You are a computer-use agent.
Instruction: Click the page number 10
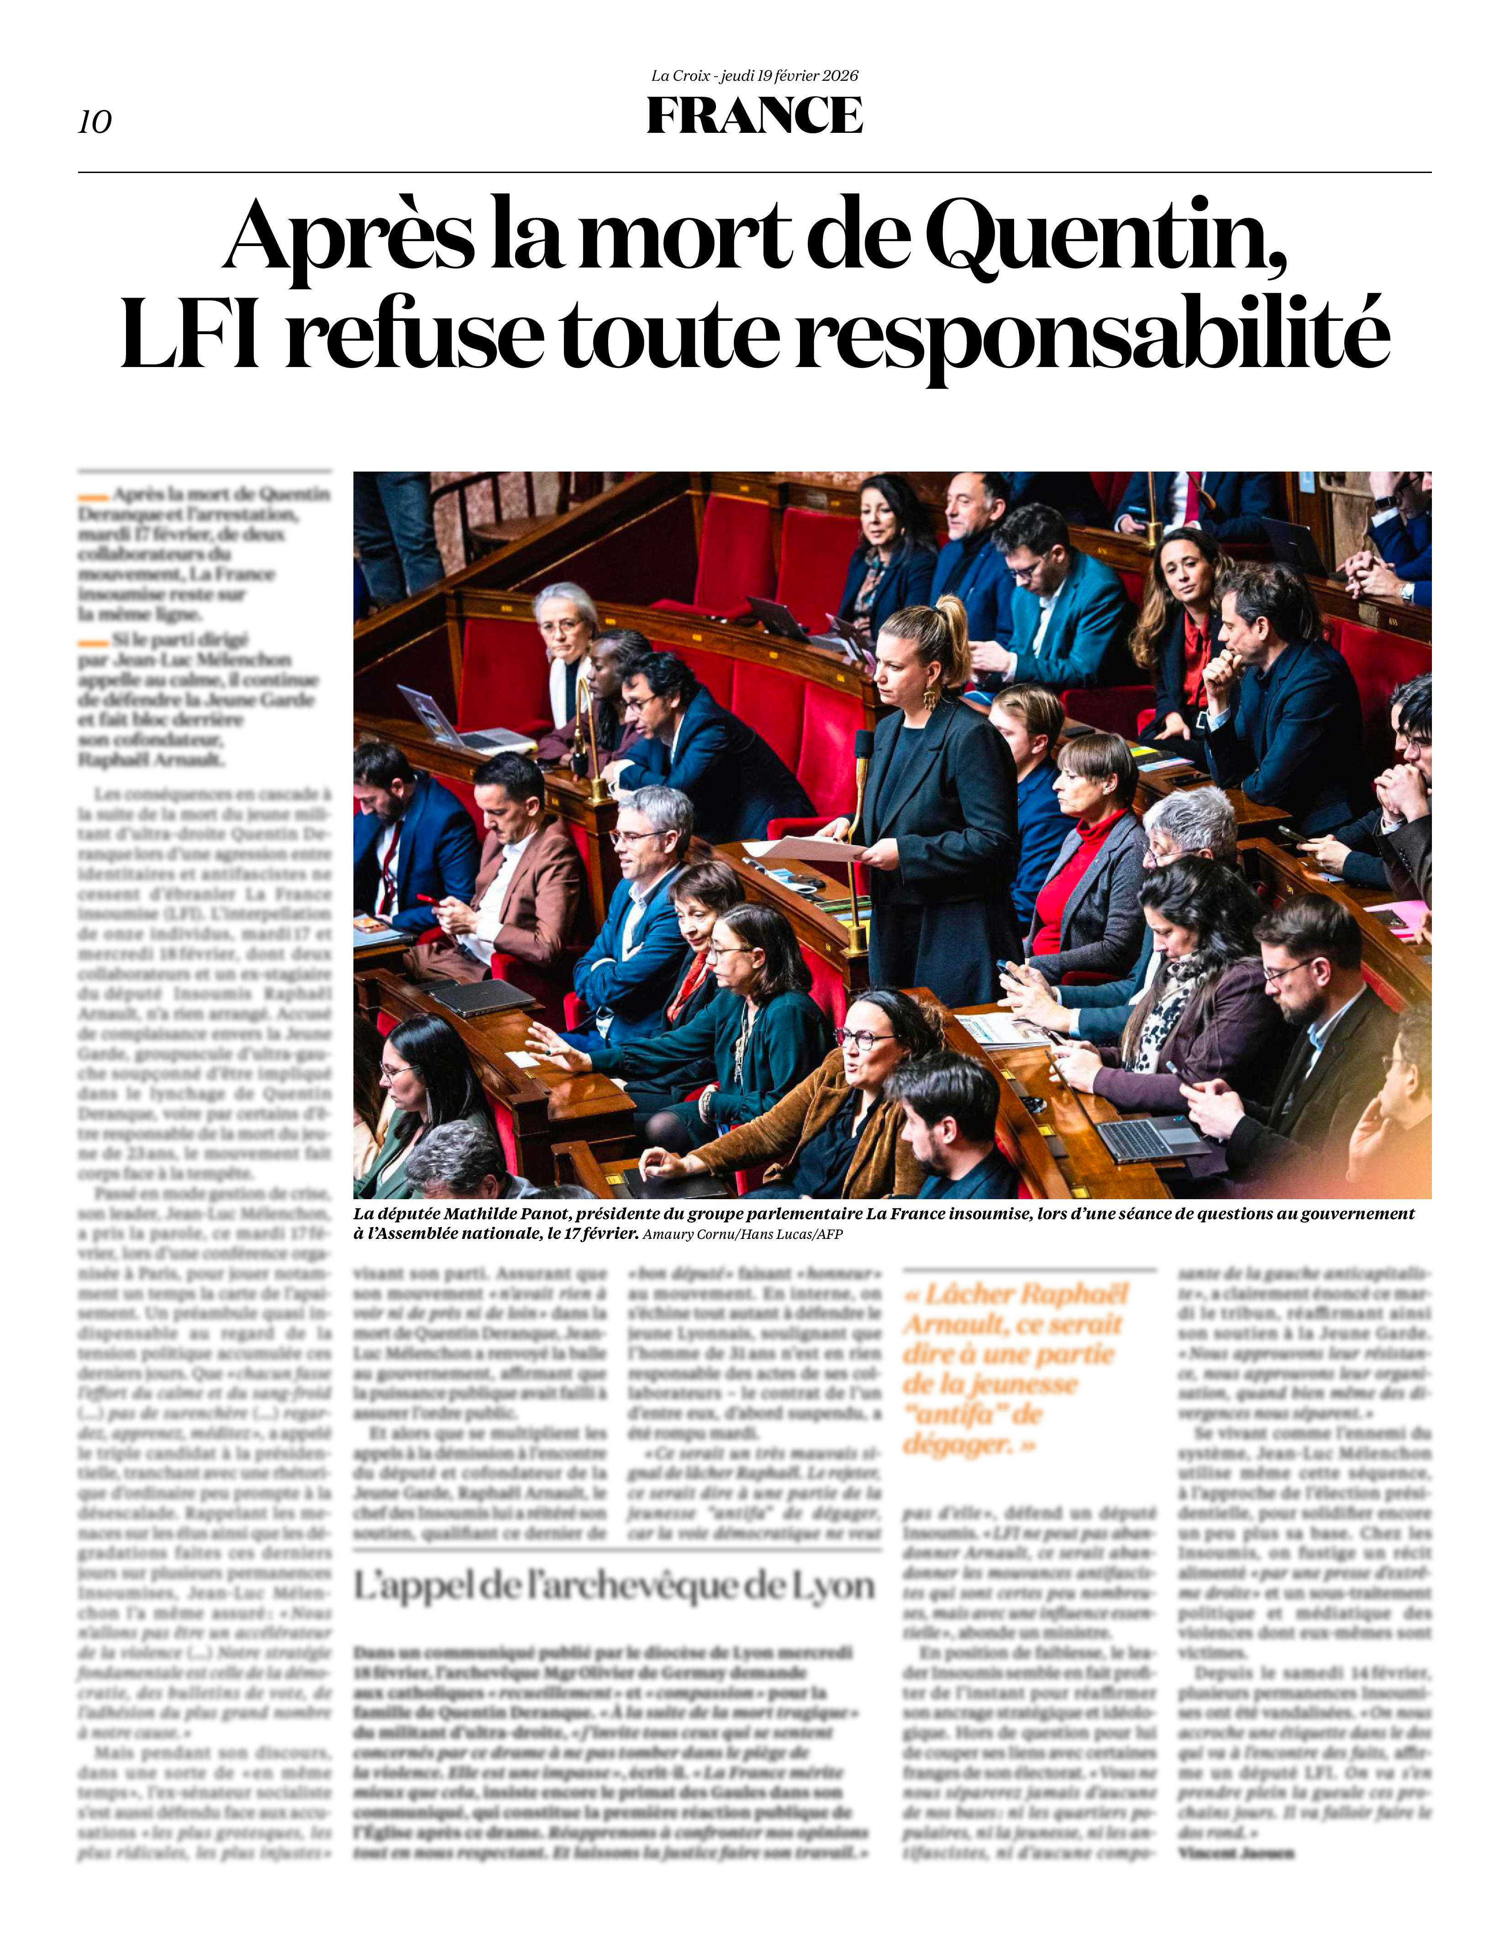coord(95,122)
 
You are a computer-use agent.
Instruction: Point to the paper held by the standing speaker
coord(805,849)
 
